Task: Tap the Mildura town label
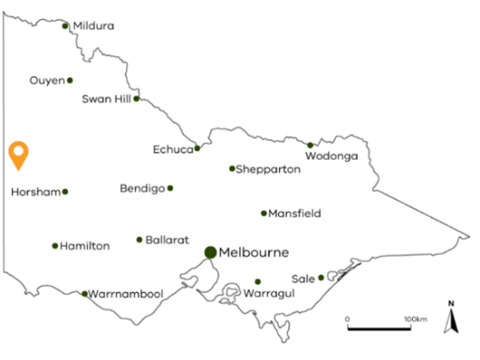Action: click(94, 26)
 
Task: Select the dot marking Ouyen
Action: click(70, 81)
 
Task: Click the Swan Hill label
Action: click(105, 99)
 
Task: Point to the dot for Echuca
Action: click(197, 149)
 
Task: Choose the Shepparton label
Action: click(268, 170)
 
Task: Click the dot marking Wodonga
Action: click(310, 145)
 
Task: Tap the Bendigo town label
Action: click(142, 189)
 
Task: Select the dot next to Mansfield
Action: click(263, 213)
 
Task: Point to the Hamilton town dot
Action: click(55, 246)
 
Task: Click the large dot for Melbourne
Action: click(210, 252)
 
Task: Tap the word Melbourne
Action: click(254, 253)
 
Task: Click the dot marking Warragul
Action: click(257, 282)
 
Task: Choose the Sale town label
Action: click(303, 278)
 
